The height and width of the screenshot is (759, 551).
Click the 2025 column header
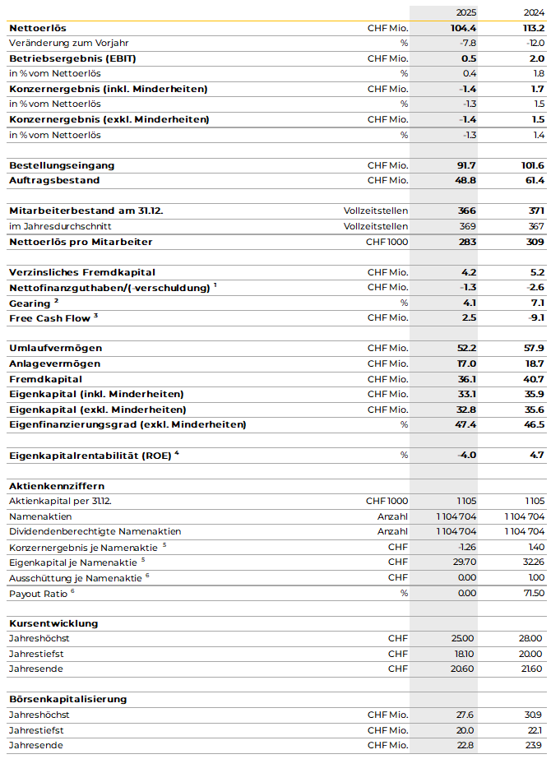466,12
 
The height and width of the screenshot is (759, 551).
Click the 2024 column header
534,12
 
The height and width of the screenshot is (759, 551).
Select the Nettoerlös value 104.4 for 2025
464,28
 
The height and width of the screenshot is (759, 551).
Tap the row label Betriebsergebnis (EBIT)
61,58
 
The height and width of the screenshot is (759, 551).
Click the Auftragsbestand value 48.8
465,180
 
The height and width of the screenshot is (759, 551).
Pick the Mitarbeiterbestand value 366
467,211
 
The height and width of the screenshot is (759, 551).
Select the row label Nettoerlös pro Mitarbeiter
81,242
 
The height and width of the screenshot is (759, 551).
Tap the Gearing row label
30,303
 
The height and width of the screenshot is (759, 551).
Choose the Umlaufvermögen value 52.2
465,348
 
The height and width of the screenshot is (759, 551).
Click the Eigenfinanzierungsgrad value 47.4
465,424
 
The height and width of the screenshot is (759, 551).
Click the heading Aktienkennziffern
56,486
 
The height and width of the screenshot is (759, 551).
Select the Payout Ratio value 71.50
531,593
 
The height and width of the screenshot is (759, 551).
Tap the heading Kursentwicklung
53,623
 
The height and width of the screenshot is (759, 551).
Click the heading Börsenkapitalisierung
67,699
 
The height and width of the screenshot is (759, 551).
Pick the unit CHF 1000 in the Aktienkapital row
387,501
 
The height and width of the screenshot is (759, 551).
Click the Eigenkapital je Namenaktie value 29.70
465,562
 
